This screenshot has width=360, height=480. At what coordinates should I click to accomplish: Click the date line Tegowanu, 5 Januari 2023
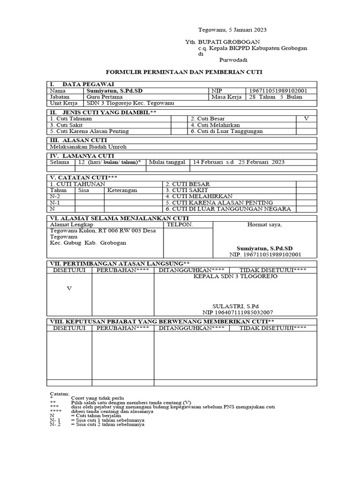pos(226,30)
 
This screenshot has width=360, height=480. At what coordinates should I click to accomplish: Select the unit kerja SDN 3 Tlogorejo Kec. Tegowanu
pos(123,103)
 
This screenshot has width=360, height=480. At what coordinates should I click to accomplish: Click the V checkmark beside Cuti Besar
pos(306,119)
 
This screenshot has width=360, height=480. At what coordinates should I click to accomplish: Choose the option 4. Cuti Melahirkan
pos(215,125)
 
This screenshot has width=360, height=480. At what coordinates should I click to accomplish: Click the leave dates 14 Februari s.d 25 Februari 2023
pos(239,162)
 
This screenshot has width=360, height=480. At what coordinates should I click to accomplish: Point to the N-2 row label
pos(55,196)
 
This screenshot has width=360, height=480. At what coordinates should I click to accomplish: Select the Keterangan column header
pos(122,190)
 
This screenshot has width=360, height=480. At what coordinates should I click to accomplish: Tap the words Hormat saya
pos(265,225)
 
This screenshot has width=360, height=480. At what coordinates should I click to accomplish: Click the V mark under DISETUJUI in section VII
pos(69,288)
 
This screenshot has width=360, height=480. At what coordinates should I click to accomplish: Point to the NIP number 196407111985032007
pos(238,312)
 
